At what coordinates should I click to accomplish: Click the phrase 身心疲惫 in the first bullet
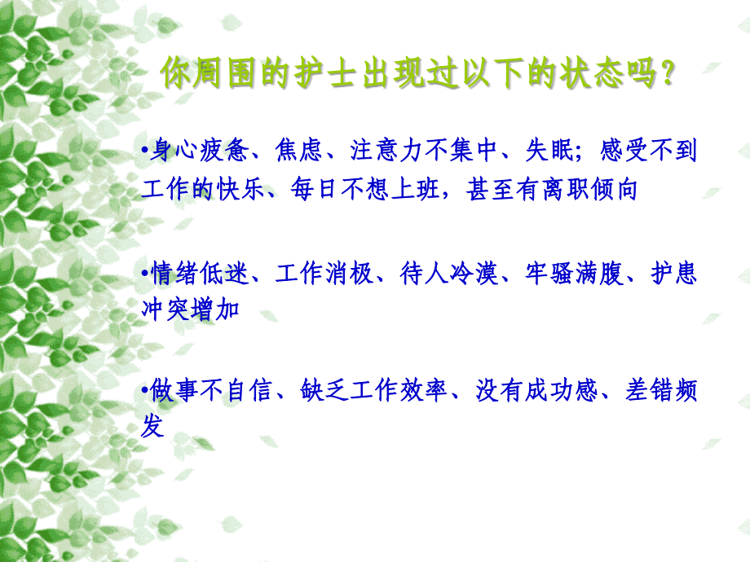203,151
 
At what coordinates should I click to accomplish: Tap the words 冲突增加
191,310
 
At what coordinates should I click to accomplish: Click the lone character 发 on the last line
153,428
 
